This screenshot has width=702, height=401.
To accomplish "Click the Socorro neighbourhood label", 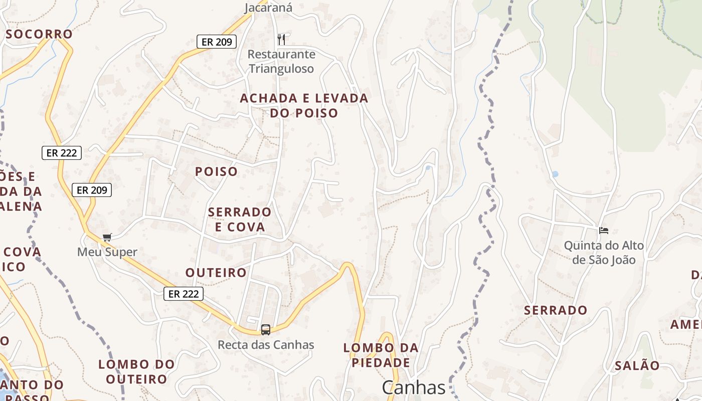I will pyautogui.click(x=39, y=34).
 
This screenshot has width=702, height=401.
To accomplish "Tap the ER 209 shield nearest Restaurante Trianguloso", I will pyautogui.click(x=217, y=42).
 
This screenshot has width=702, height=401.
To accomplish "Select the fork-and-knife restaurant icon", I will pyautogui.click(x=281, y=39).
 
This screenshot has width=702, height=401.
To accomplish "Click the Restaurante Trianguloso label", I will pyautogui.click(x=281, y=61).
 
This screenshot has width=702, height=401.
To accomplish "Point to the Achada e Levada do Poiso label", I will pyautogui.click(x=304, y=105).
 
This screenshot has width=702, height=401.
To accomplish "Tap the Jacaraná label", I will pyautogui.click(x=268, y=7).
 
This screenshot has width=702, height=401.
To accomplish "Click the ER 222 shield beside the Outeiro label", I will pyautogui.click(x=184, y=294).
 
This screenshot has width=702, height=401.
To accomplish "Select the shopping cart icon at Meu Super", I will pyautogui.click(x=107, y=237).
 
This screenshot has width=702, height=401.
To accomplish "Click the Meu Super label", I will pyautogui.click(x=107, y=252).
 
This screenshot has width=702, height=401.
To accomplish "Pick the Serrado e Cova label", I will pyautogui.click(x=240, y=219).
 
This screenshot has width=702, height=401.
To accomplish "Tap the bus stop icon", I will pyautogui.click(x=266, y=329).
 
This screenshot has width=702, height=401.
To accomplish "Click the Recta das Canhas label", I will pyautogui.click(x=266, y=345).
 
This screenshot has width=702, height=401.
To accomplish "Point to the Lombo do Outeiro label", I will pyautogui.click(x=136, y=371).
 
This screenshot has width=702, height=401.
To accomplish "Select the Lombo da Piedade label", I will pyautogui.click(x=381, y=355).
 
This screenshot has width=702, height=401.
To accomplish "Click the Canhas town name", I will pyautogui.click(x=414, y=387).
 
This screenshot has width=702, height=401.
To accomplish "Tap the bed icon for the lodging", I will pyautogui.click(x=604, y=231).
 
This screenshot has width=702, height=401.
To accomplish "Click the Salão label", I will pyautogui.click(x=637, y=366).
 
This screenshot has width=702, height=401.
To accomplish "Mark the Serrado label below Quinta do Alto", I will pyautogui.click(x=556, y=310).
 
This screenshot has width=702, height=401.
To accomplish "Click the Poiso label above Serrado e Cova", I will pyautogui.click(x=216, y=171).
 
